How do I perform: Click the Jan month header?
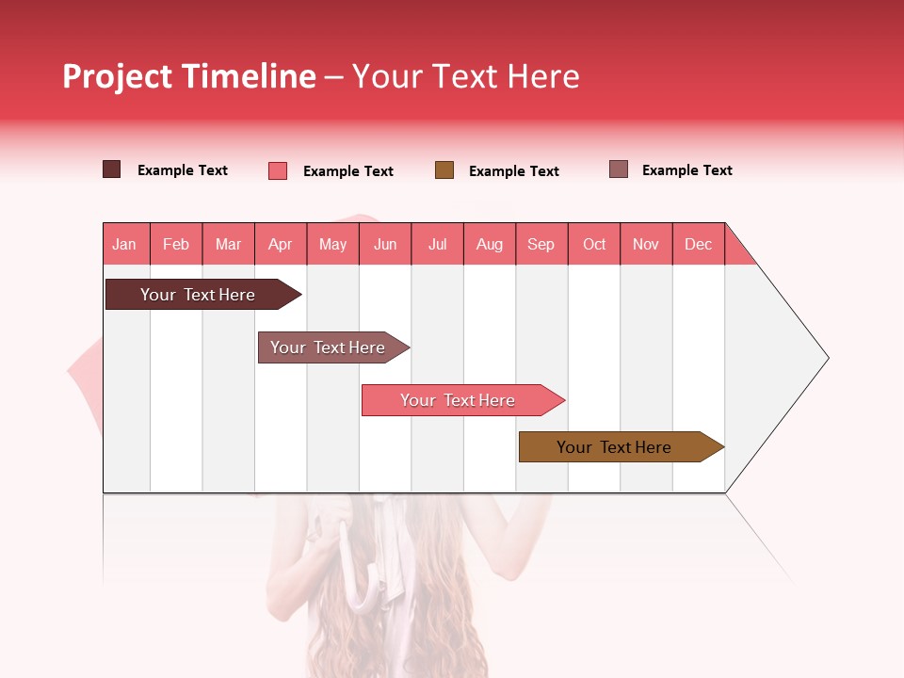[125, 245]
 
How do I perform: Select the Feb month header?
[176, 245]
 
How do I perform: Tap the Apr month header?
[281, 245]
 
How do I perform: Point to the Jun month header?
[385, 245]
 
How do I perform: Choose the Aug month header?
[490, 245]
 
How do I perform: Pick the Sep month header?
[541, 245]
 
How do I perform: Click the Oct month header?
[594, 245]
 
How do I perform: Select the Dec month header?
[699, 245]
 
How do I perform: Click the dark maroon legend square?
[112, 169]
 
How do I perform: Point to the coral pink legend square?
[278, 170]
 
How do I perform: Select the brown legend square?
[444, 170]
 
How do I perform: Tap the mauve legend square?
[619, 169]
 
